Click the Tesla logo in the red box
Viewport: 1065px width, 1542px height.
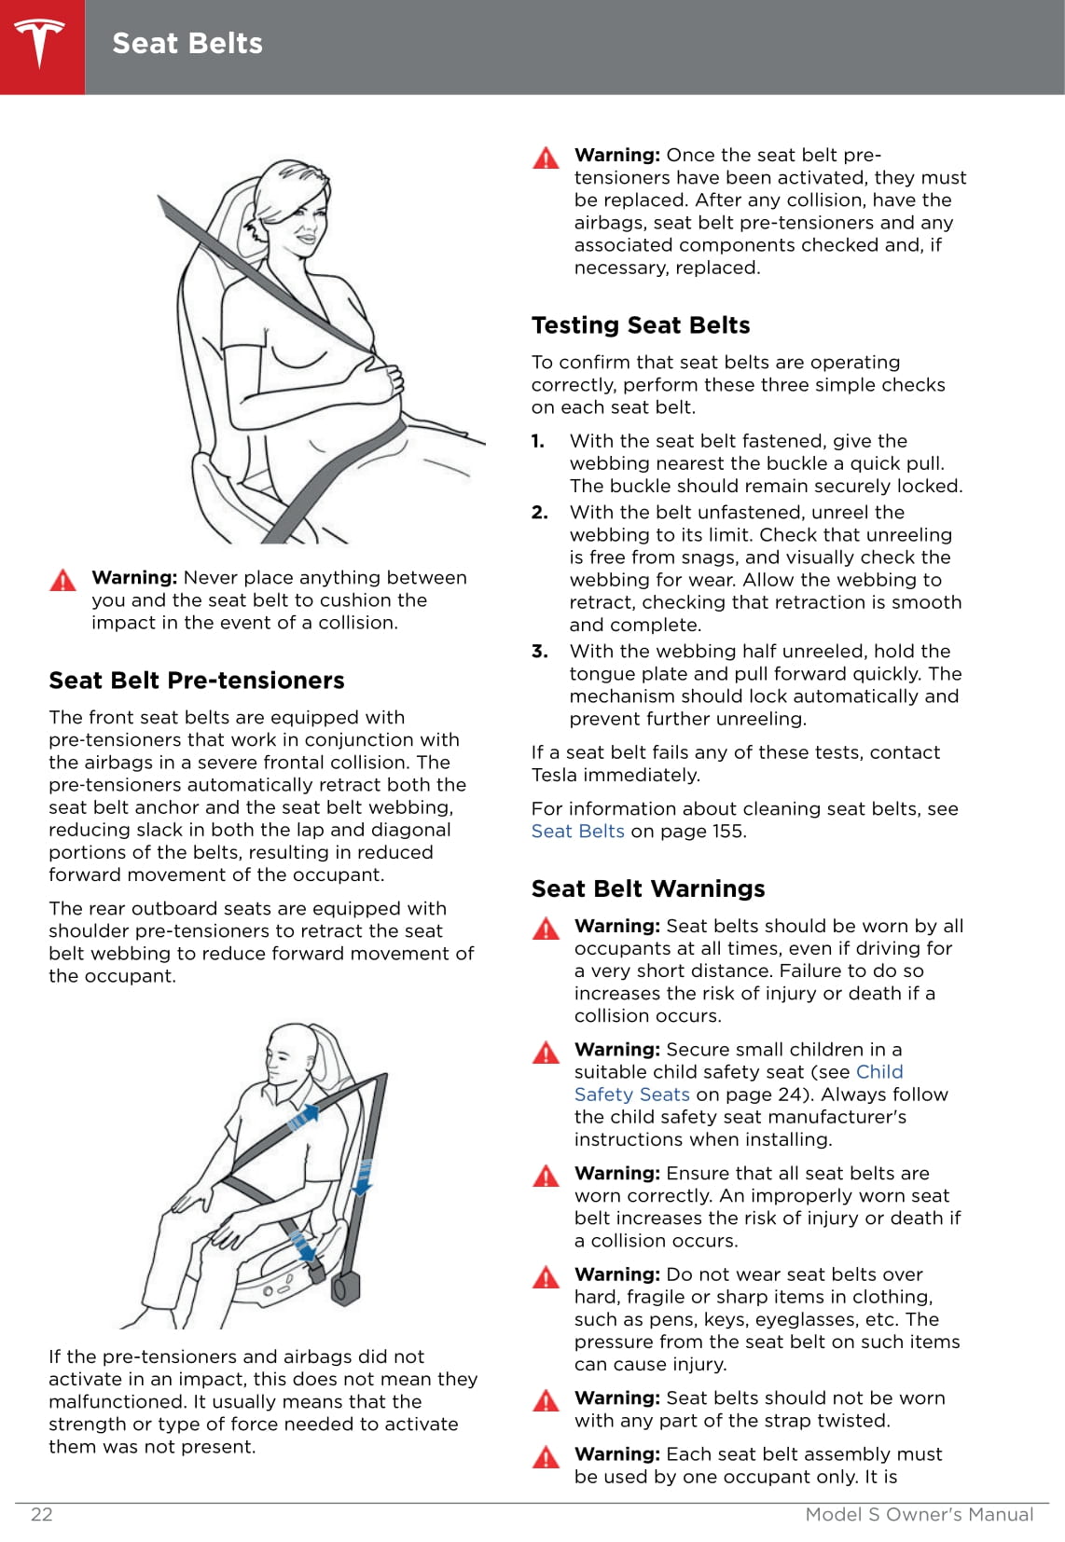pos(41,45)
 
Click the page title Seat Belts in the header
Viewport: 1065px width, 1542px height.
pos(187,44)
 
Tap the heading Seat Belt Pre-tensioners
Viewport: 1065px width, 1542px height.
pos(197,681)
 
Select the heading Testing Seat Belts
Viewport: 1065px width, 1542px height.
pos(641,325)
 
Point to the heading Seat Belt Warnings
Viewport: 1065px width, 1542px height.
pos(648,888)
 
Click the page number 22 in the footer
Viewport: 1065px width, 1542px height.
pos(42,1514)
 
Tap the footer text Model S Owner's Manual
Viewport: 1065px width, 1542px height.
pos(919,1514)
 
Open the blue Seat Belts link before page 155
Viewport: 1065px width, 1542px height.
pos(578,832)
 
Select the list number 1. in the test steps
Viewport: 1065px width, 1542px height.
pos(538,441)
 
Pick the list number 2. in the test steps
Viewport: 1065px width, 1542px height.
pos(539,513)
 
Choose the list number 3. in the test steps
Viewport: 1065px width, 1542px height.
pos(539,652)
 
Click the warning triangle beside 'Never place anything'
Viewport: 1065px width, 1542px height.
pos(62,580)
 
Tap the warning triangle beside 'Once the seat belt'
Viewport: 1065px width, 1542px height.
pos(546,158)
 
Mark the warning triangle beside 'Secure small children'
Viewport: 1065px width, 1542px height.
pos(546,1053)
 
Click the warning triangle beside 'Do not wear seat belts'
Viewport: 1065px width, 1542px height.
pos(546,1276)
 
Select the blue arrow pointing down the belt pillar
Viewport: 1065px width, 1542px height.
pos(364,1177)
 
